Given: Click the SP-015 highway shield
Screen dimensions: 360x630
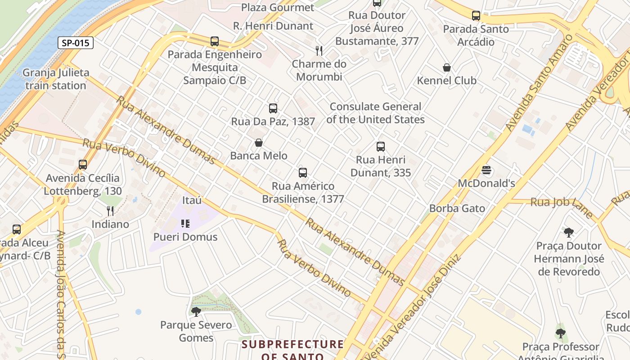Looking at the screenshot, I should tap(75, 43).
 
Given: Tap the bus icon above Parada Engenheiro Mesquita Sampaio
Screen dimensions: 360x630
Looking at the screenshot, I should tap(215, 41).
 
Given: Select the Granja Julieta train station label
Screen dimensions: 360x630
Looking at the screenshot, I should tap(56, 79).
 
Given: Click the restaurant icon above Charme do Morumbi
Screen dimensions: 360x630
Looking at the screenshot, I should tap(319, 50).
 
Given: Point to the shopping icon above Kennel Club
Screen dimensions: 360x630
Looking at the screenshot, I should tap(447, 67).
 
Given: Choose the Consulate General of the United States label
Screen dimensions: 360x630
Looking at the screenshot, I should tap(375, 113).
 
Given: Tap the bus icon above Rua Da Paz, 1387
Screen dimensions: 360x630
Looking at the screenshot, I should tap(273, 108).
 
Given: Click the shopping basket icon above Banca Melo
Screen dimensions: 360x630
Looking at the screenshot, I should tap(259, 143).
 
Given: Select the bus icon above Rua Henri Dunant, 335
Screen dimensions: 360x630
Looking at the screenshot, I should tap(381, 146).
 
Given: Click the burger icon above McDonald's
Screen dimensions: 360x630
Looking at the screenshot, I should tap(486, 170).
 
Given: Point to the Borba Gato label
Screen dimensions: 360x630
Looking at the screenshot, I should tap(457, 208).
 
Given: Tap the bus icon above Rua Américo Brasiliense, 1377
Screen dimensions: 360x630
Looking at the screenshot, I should tap(303, 172).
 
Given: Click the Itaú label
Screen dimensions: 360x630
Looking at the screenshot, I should tap(192, 200).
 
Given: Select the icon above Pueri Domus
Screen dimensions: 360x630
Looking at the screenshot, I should tap(185, 223).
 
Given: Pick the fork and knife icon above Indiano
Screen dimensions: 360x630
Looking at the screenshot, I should tap(110, 211).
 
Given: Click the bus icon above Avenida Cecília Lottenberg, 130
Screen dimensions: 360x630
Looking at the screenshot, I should tap(82, 164).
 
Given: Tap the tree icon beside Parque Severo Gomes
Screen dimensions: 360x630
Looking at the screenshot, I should tap(196, 311).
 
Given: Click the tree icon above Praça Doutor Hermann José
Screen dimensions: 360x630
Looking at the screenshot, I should tap(569, 233).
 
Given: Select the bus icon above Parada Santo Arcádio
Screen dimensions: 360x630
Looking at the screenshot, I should tap(476, 16).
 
